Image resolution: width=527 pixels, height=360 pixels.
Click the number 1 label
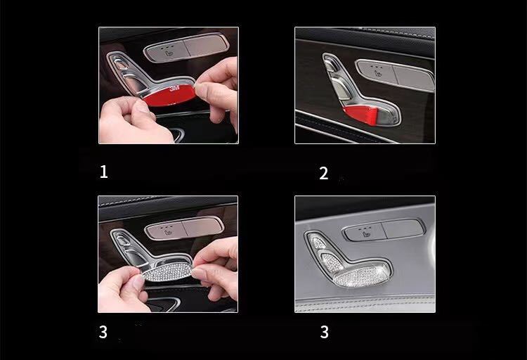click(104, 172)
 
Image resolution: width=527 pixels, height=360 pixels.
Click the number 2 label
click(324, 173)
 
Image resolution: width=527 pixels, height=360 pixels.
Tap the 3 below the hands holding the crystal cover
click(103, 332)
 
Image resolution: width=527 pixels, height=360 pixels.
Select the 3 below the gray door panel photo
click(325, 332)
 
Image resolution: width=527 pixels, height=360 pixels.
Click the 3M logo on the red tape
click(174, 89)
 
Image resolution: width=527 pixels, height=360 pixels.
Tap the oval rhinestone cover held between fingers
click(167, 272)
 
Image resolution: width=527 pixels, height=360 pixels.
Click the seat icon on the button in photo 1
click(167, 53)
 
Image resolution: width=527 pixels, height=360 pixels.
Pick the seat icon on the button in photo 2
click(378, 73)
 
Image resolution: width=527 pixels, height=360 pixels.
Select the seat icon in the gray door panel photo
click(366, 233)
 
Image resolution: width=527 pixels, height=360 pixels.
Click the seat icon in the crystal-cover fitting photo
click(168, 232)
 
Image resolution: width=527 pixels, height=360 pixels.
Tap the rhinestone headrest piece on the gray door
click(316, 241)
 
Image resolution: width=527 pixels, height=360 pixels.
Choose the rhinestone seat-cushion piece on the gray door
click(360, 276)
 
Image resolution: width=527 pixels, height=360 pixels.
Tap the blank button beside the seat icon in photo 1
click(206, 46)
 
